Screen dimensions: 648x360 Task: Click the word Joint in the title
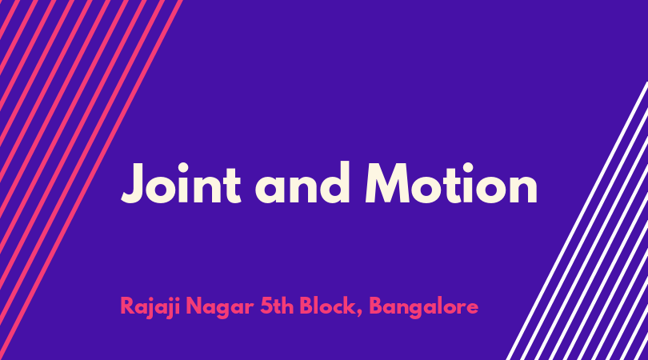[181, 183]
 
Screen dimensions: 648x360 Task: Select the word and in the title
[303, 182]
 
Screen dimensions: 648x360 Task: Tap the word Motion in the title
[451, 183]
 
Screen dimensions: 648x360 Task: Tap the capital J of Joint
[134, 183]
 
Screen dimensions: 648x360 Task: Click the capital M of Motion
[388, 183]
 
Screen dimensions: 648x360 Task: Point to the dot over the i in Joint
[182, 168]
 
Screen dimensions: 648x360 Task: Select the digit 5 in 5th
[266, 306]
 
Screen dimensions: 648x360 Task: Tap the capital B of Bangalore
[376, 306]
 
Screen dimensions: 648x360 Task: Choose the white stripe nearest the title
[578, 221]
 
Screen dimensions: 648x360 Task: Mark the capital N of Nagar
[194, 306]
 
